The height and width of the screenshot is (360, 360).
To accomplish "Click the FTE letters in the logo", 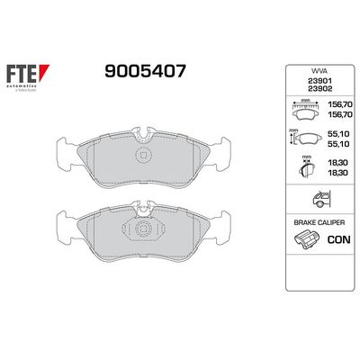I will pyautogui.click(x=25, y=73).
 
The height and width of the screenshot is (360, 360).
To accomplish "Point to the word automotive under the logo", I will pyautogui.click(x=27, y=85).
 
